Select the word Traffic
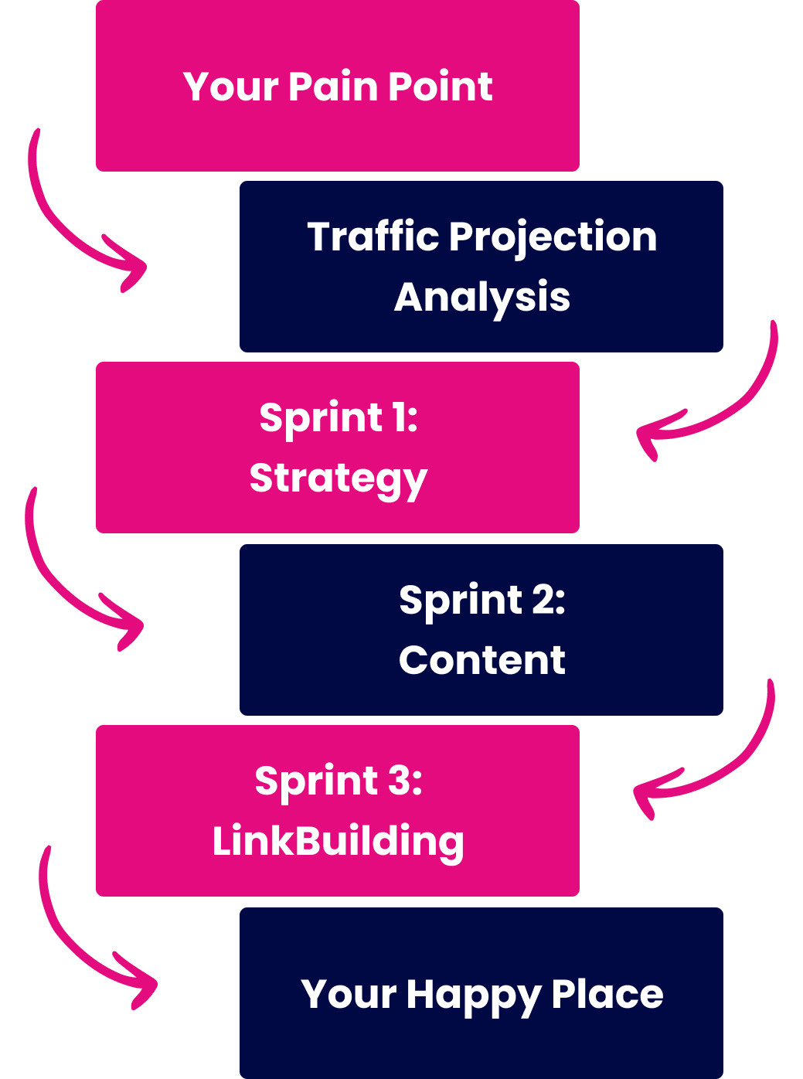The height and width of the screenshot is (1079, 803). [373, 237]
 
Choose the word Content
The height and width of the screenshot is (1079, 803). [482, 661]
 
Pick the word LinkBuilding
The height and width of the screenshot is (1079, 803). [339, 842]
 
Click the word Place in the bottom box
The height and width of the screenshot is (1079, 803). [607, 994]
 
